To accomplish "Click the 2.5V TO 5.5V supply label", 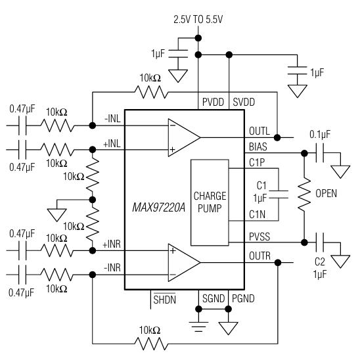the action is (198, 20).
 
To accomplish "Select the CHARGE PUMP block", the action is (210, 202).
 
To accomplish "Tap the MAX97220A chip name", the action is (159, 208).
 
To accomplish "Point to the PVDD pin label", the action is (213, 102).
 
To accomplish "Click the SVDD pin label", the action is (244, 102).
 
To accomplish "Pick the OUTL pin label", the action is (259, 131).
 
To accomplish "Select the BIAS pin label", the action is (258, 147).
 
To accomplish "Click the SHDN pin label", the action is (165, 300).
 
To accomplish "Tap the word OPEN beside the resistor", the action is (326, 193).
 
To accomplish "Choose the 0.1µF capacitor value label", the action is (320, 135).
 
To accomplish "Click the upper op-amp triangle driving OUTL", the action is (184, 138).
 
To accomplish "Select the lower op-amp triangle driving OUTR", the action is (184, 263).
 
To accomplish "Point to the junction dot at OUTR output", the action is (278, 263).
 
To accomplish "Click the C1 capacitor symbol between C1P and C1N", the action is (279, 194).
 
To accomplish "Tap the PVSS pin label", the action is (259, 237).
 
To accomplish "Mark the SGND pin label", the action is (214, 298).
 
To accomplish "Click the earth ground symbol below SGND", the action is (198, 327).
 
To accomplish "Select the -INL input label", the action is (113, 119).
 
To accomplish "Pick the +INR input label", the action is (112, 244).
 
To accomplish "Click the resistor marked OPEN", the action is (304, 194).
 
